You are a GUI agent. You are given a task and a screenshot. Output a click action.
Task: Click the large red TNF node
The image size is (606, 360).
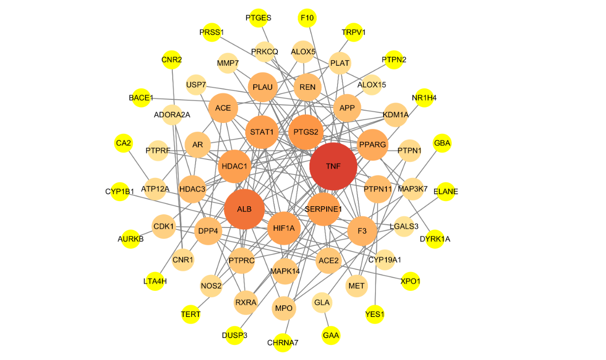[333, 166]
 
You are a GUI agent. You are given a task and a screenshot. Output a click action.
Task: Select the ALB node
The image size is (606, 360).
[244, 209]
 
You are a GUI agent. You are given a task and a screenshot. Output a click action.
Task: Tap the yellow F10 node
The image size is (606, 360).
[307, 18]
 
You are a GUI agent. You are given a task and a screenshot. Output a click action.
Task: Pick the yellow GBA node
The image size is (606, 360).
[442, 143]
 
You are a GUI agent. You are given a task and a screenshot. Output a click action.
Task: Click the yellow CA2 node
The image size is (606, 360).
[124, 143]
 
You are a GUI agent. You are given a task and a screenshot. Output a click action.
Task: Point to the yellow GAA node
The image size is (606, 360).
[331, 335]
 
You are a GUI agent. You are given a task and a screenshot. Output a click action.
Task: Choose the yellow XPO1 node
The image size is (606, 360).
[410, 281]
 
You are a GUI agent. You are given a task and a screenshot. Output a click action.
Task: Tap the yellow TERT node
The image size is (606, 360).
[191, 314]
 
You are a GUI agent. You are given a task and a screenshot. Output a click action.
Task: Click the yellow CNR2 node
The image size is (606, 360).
[171, 60]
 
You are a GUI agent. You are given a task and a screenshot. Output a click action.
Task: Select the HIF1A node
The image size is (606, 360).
[284, 228]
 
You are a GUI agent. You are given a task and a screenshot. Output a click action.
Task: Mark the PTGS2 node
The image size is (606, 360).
[306, 132]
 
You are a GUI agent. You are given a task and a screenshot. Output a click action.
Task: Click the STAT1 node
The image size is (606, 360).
[262, 132]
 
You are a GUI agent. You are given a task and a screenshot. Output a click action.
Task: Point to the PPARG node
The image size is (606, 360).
[373, 145]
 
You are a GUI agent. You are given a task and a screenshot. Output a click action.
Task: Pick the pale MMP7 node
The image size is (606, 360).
[228, 63]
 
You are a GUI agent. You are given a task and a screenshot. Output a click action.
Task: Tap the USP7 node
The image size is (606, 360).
[196, 85]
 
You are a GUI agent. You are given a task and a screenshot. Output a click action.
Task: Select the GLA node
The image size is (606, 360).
[322, 302]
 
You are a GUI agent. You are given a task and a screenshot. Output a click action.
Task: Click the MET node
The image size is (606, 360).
[356, 286]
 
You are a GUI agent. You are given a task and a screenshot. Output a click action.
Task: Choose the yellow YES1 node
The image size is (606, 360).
[374, 314]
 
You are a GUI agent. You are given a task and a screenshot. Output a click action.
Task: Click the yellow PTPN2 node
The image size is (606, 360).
[394, 60]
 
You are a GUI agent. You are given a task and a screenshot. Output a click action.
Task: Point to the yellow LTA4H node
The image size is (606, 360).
[155, 281]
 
